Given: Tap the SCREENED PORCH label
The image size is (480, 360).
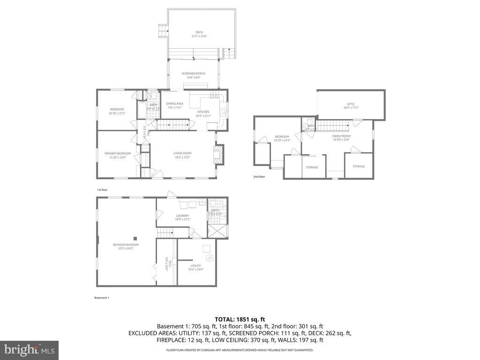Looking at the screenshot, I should [194, 74].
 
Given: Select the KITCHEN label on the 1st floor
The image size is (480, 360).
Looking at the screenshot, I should [203, 112].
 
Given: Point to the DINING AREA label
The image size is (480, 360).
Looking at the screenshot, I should [174, 104].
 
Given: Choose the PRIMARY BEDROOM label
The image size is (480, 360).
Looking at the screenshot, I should [117, 153].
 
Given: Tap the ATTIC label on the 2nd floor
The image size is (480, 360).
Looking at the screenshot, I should [351, 104].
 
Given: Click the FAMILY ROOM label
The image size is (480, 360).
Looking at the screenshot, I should [341, 136].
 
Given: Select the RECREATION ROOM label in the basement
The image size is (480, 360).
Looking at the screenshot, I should [126, 245].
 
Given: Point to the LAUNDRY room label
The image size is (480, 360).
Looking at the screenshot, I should [182, 216].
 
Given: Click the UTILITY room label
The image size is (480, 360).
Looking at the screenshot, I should [195, 266].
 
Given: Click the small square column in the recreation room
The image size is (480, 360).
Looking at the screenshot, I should [135, 238].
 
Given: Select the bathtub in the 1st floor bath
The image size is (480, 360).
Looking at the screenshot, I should [141, 111].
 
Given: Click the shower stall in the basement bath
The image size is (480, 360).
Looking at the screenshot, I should [217, 231].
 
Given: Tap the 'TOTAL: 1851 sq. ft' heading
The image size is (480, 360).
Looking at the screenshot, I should [240, 319].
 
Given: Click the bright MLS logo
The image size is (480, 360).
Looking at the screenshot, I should [29, 350].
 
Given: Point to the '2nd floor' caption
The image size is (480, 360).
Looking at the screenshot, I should [259, 177].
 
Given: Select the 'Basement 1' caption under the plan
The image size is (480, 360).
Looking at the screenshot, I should [102, 298].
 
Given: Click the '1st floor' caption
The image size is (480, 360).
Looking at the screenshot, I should [102, 190].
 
